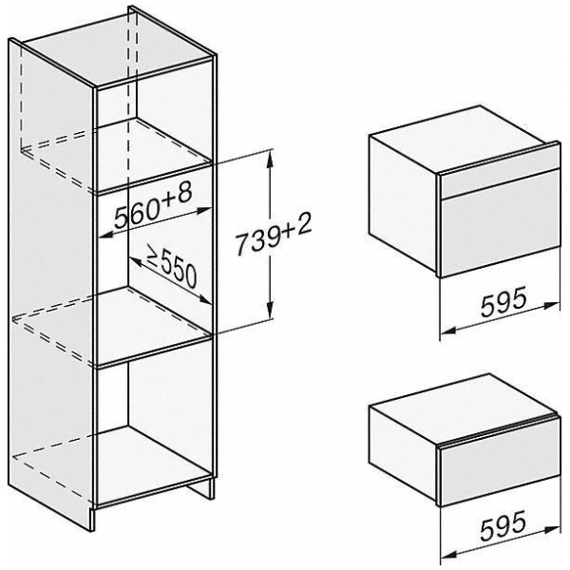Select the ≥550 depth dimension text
[x=170, y=267]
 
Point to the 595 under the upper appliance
[x=500, y=302]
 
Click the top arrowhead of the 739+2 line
[x=273, y=155]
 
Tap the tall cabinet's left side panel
[x=52, y=285]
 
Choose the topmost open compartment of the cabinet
[x=157, y=133]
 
